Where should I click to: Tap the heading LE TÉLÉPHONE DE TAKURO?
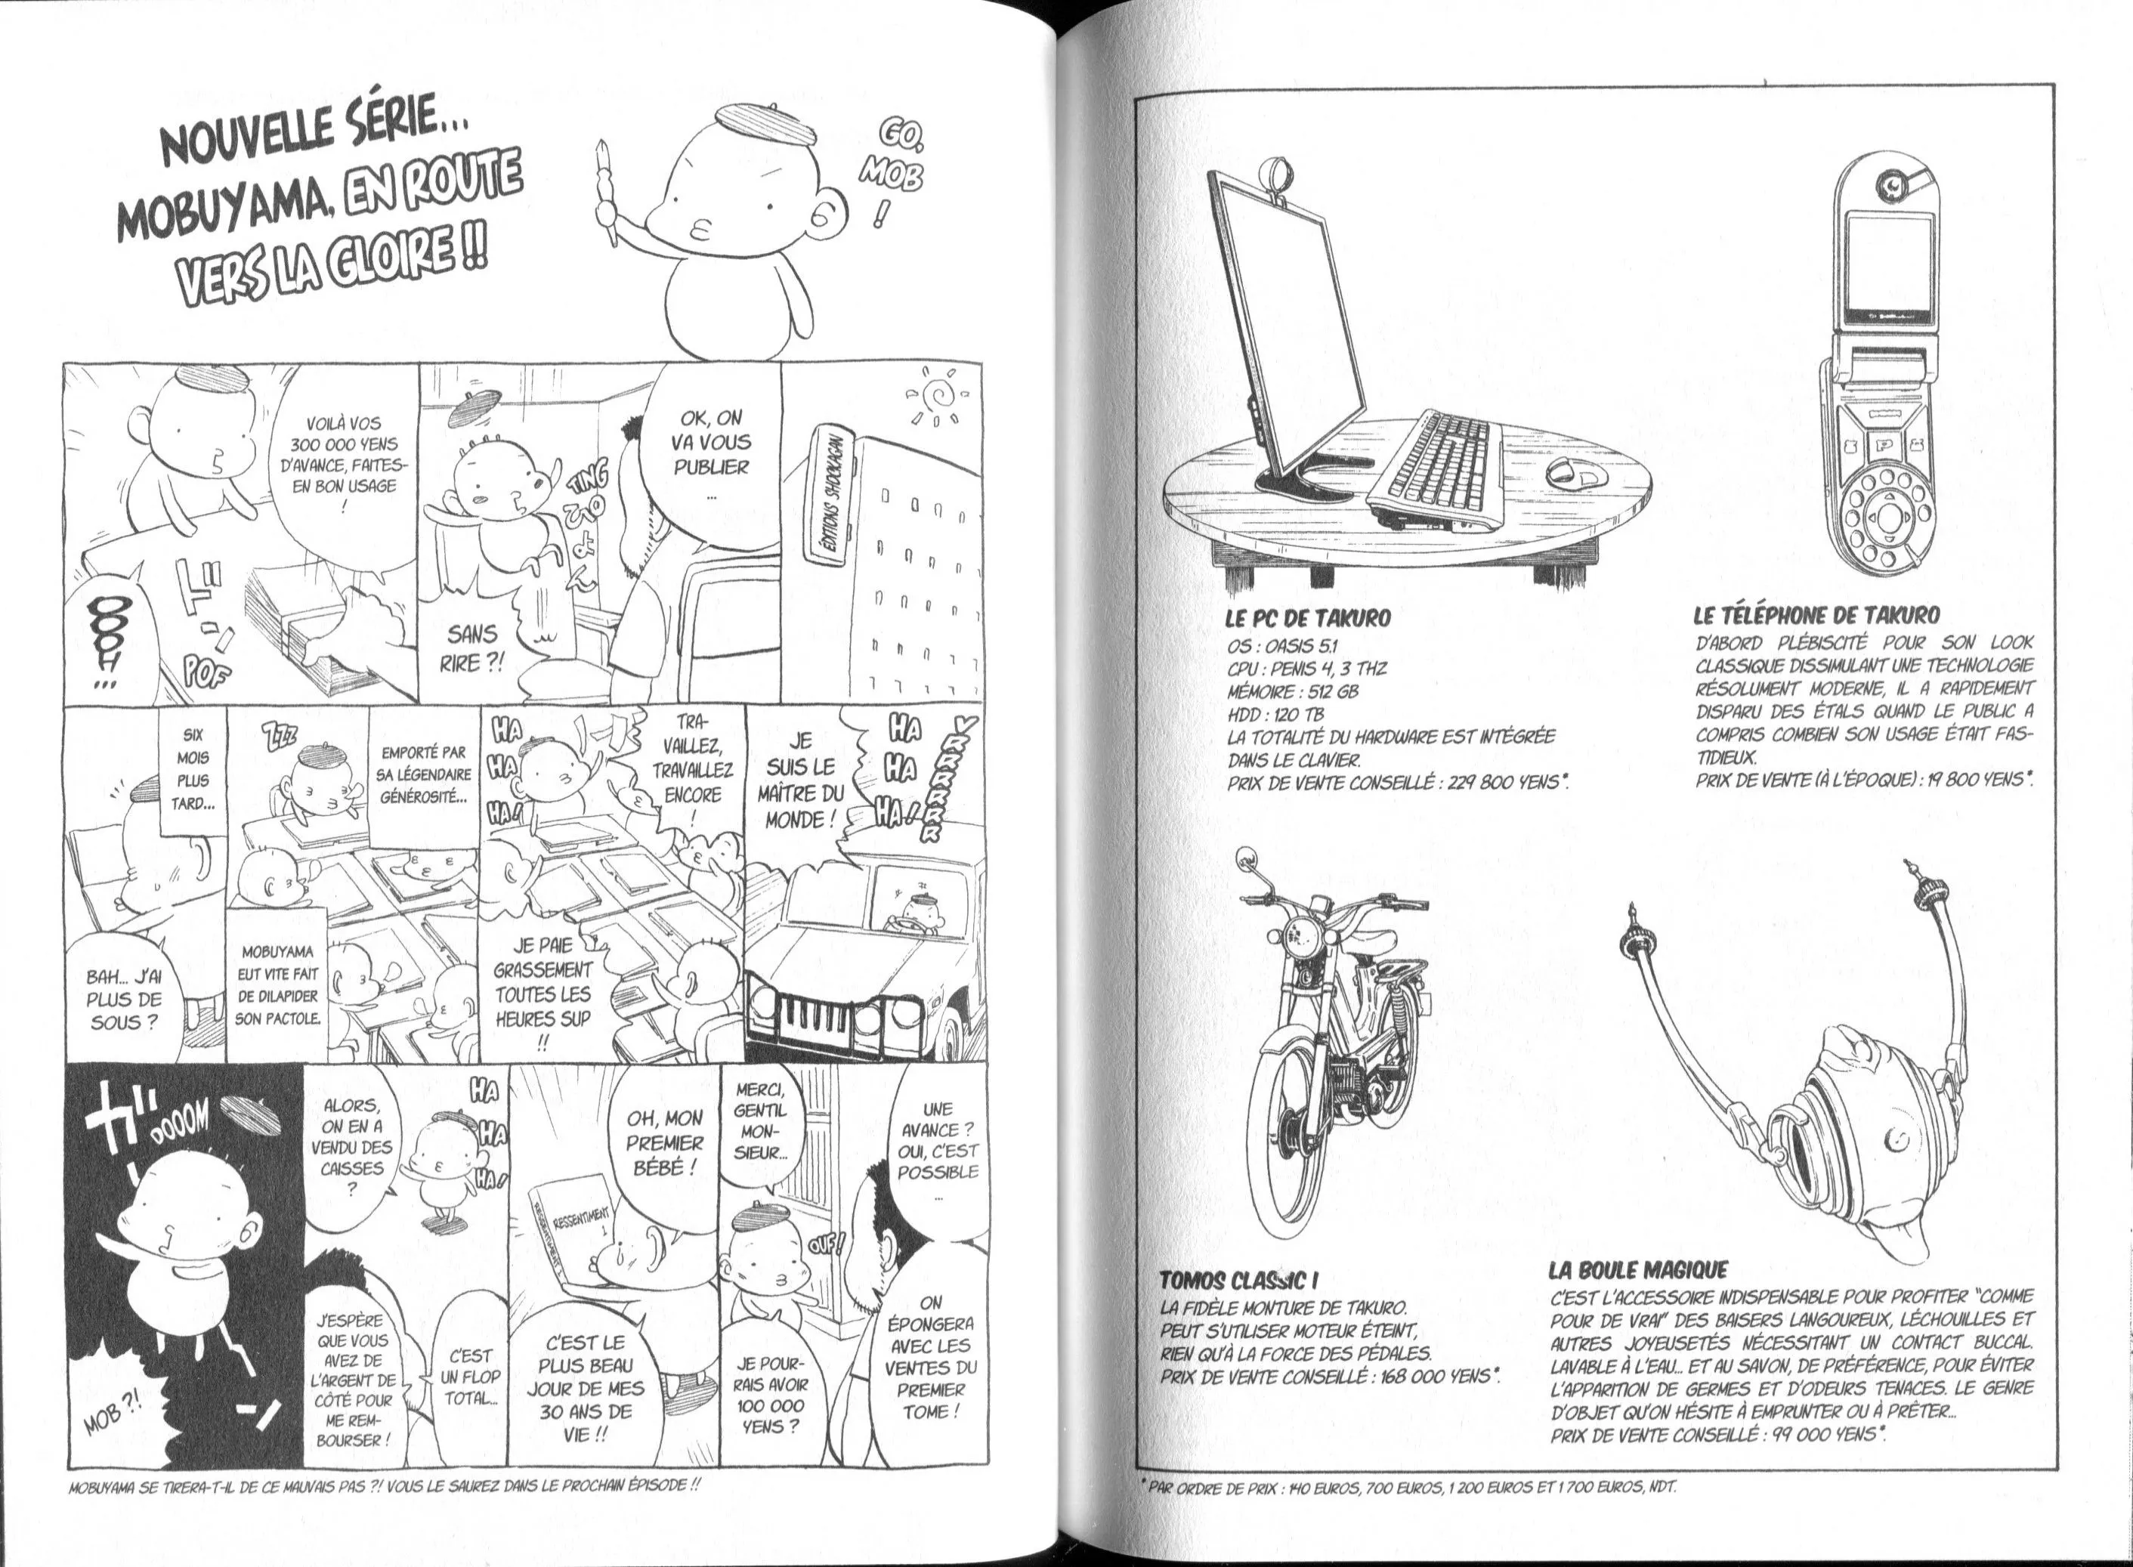pos(1816,615)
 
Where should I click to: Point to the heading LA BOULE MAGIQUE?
pos(1638,1270)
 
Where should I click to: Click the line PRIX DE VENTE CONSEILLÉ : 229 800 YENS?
pos(1397,781)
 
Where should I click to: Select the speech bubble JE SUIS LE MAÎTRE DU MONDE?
pos(802,780)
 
